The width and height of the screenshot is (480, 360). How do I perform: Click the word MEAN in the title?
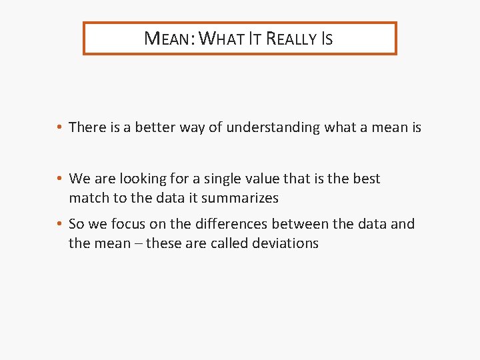[x=166, y=39]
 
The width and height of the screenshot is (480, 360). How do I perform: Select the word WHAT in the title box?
[x=221, y=39]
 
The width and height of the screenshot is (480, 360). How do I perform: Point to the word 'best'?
[x=366, y=179]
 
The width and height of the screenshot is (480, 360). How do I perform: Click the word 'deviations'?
[x=285, y=243]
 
